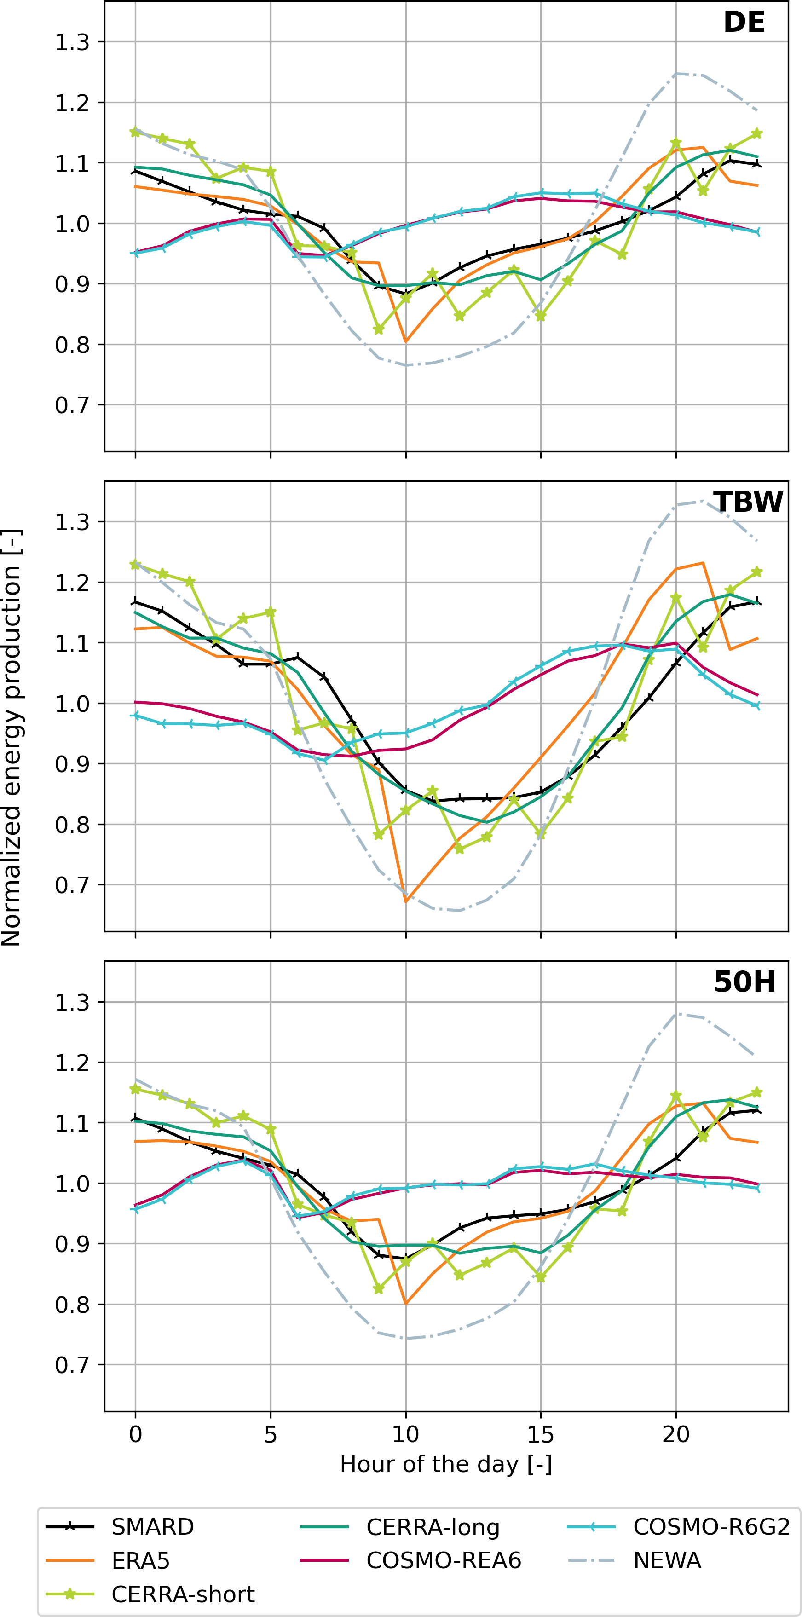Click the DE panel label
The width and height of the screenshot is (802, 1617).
(744, 23)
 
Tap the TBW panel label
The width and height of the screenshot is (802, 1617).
(748, 502)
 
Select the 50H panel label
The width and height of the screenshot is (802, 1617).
(745, 982)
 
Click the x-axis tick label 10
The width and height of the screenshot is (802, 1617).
(405, 1434)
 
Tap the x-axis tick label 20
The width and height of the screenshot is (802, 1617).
(676, 1434)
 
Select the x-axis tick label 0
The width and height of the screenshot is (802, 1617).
(135, 1434)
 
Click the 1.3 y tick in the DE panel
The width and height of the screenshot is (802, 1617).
(72, 43)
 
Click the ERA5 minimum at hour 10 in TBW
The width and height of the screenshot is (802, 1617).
(406, 901)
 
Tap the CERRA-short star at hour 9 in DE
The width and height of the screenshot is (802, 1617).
(378, 329)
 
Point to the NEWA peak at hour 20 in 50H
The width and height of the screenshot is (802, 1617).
(676, 1014)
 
